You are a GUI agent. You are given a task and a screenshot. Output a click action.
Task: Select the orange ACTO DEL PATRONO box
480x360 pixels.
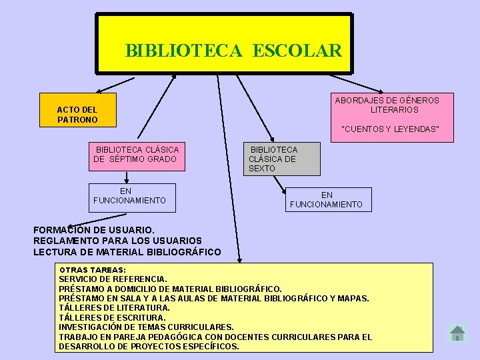77,114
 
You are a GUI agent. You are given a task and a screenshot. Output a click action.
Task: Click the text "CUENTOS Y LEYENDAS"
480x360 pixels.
390,129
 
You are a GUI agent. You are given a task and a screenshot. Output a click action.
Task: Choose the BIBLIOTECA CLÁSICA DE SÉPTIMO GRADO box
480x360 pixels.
137,154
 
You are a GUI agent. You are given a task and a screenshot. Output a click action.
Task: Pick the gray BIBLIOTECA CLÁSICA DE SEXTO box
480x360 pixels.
281,159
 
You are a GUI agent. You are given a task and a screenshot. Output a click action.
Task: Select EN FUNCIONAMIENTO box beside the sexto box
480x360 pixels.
327,200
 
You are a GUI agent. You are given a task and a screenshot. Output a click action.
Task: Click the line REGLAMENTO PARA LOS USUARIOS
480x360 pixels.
117,241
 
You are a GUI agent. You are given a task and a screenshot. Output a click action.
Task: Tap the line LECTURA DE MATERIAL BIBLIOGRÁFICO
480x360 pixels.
127,252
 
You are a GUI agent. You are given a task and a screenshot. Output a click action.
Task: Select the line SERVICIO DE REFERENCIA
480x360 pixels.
113,279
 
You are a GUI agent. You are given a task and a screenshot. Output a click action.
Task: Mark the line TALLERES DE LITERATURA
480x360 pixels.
114,308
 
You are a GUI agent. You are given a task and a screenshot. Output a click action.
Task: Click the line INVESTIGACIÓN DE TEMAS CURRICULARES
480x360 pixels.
146,327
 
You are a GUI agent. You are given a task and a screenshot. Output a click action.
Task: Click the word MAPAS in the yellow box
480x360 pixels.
353,298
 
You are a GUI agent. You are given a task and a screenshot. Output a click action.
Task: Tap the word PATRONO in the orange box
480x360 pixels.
77,120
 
